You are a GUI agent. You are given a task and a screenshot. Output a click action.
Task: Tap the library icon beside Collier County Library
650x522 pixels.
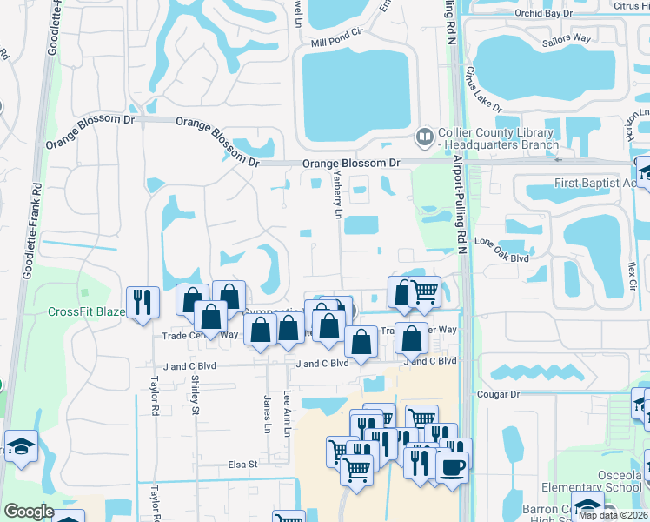425,136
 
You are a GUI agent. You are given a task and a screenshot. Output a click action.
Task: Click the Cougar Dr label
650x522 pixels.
498,394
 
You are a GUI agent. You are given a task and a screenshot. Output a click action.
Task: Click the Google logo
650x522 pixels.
28,512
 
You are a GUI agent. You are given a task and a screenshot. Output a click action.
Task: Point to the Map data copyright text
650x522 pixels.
613,515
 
